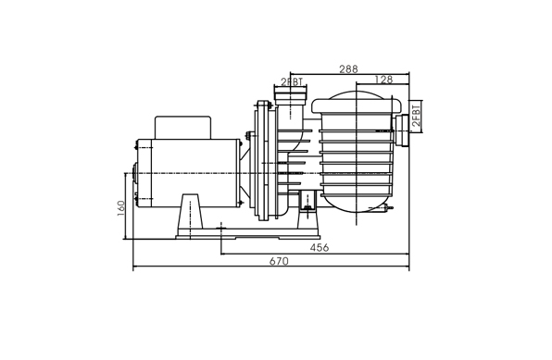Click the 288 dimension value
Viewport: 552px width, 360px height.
[348, 69]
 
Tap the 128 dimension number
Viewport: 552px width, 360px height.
[383, 80]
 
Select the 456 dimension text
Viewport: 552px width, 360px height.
[320, 248]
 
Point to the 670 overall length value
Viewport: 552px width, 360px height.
[279, 261]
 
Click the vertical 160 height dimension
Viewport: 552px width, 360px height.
[120, 208]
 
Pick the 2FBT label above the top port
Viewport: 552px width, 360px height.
[292, 82]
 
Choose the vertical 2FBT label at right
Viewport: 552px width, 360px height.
[416, 115]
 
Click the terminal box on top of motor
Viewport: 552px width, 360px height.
[182, 128]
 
